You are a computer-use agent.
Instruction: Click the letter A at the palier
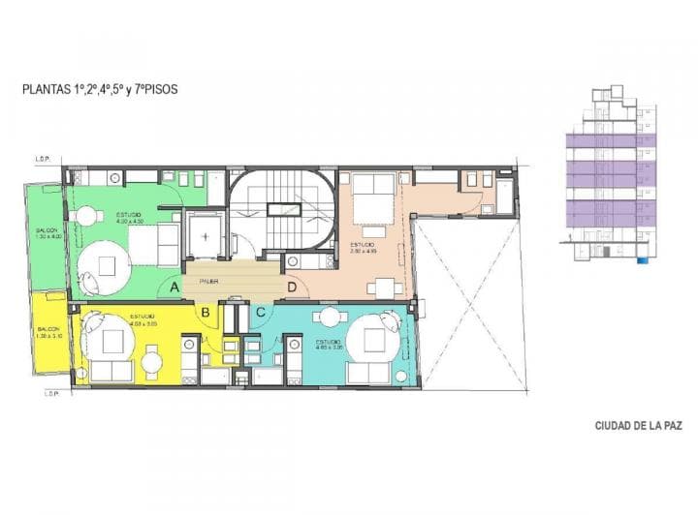[174, 288]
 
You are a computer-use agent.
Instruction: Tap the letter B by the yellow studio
[206, 312]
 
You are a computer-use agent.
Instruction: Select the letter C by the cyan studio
[261, 312]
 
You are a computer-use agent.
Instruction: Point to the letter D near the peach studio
[292, 288]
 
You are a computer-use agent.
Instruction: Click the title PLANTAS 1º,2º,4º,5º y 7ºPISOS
[99, 89]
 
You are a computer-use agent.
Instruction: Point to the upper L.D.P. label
[43, 160]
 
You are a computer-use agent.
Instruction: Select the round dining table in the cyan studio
[332, 317]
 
